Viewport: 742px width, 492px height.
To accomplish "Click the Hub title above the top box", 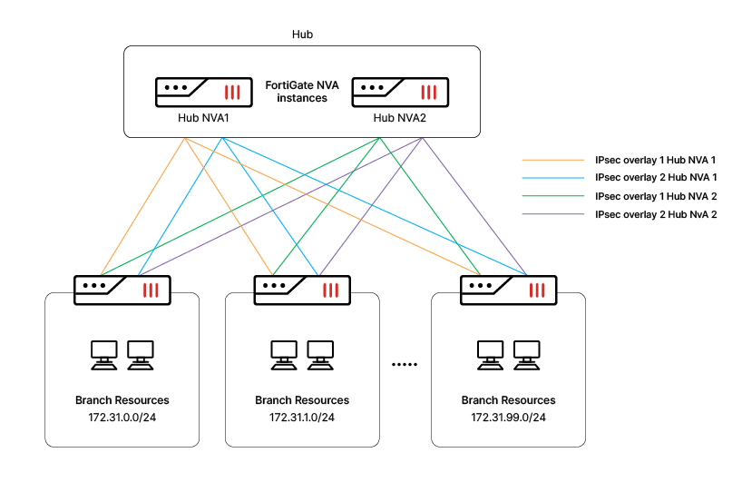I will pyautogui.click(x=302, y=34).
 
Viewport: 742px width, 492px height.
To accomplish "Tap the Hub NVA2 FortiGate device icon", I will pyautogui.click(x=400, y=92).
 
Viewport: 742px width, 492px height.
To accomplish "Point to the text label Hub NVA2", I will pyautogui.click(x=400, y=118).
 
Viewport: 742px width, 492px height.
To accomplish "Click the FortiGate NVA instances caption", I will pyautogui.click(x=302, y=91).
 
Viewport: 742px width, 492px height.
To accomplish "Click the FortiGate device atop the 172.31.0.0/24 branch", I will pyautogui.click(x=122, y=290).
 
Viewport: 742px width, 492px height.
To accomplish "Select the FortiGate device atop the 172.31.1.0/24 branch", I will pyautogui.click(x=302, y=290).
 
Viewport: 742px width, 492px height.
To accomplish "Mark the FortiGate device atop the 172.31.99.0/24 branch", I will pyautogui.click(x=508, y=290).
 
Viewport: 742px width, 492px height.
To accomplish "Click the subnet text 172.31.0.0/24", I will pyautogui.click(x=122, y=417).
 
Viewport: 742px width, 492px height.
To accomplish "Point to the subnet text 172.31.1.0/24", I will pyautogui.click(x=302, y=417).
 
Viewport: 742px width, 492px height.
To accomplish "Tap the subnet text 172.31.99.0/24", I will pyautogui.click(x=508, y=417).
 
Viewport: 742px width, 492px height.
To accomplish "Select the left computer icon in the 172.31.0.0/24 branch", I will pyautogui.click(x=104, y=353).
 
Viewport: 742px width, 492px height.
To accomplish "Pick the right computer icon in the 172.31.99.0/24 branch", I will pyautogui.click(x=526, y=353).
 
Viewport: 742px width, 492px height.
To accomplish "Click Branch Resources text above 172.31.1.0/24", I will pyautogui.click(x=302, y=400).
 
